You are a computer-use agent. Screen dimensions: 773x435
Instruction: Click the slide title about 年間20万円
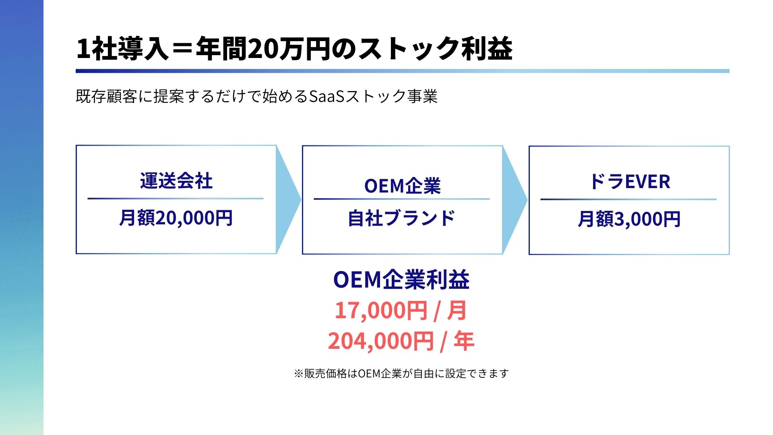tap(294, 49)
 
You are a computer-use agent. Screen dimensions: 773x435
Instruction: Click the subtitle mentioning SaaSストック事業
tap(257, 97)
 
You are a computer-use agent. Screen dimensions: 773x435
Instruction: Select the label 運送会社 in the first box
tap(176, 181)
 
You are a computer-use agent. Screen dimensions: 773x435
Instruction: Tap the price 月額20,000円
tap(176, 218)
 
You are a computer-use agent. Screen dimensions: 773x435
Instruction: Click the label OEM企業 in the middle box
tap(403, 186)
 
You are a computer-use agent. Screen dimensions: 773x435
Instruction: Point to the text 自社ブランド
tap(402, 218)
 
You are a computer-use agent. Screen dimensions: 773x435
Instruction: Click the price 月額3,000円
tap(629, 220)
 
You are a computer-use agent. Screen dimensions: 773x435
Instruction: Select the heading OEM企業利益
tap(401, 280)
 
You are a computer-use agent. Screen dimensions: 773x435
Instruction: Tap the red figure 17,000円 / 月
tap(401, 311)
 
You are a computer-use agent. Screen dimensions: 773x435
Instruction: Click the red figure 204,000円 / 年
tap(401, 341)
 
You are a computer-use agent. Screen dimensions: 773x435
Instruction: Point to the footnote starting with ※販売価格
tap(401, 374)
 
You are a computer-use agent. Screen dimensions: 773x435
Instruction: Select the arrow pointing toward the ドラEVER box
tap(515, 200)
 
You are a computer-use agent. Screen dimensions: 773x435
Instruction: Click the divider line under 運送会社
tap(176, 199)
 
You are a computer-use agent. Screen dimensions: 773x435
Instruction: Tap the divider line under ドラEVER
tap(628, 199)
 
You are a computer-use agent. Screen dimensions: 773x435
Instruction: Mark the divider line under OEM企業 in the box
tap(402, 199)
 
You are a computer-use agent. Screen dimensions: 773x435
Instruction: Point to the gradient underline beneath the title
tap(403, 71)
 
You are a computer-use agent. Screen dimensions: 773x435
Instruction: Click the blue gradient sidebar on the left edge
tap(22, 217)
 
